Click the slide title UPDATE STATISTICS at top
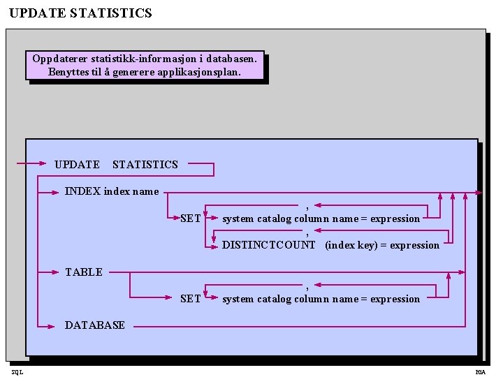[x=80, y=13]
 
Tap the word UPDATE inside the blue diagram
[x=77, y=165]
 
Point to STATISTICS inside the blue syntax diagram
[x=145, y=165]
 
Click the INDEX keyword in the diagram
[x=82, y=191]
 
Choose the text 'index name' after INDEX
[x=131, y=191]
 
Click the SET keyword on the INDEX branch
[x=191, y=219]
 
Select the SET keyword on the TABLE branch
[x=191, y=299]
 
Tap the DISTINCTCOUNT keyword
[x=269, y=245]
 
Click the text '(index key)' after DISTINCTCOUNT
[x=351, y=245]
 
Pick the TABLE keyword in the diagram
[x=84, y=272]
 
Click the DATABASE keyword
[x=95, y=325]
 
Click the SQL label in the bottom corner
[x=17, y=372]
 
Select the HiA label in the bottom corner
[x=481, y=372]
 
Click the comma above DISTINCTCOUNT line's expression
[x=307, y=233]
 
